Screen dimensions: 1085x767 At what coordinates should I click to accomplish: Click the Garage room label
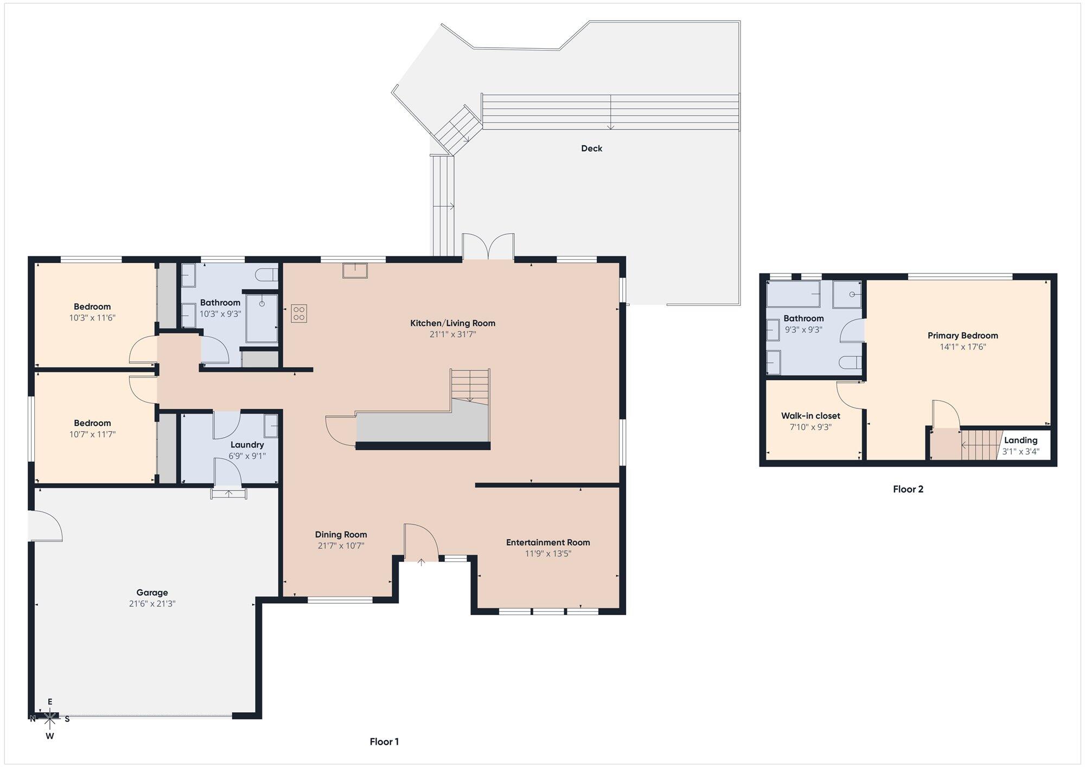pyautogui.click(x=152, y=593)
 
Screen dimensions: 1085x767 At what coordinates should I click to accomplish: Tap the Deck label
pyautogui.click(x=591, y=148)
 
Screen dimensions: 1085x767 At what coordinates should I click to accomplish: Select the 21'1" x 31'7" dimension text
pyautogui.click(x=452, y=335)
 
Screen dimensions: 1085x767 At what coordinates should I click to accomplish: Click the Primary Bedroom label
pyautogui.click(x=962, y=336)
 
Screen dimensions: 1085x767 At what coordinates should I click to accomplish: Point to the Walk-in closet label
pyautogui.click(x=810, y=416)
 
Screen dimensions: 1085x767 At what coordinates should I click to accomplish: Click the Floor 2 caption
pyautogui.click(x=908, y=489)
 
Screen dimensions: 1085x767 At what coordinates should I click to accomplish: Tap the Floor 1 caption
pyautogui.click(x=384, y=742)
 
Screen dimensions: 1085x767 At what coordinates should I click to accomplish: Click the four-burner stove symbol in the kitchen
pyautogui.click(x=299, y=314)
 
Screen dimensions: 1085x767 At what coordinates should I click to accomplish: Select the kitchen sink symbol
pyautogui.click(x=355, y=270)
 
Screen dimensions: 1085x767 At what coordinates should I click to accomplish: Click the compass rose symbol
pyautogui.click(x=50, y=719)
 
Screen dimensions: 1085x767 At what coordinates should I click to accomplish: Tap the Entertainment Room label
pyautogui.click(x=548, y=542)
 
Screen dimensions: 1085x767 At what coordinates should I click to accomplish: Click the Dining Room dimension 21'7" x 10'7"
pyautogui.click(x=341, y=546)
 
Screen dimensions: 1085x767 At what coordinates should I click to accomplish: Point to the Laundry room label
pyautogui.click(x=247, y=445)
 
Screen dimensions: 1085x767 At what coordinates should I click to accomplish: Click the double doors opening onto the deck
pyautogui.click(x=488, y=247)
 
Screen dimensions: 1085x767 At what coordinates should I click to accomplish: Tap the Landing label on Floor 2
pyautogui.click(x=1020, y=440)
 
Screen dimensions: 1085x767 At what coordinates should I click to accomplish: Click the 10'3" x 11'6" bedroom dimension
pyautogui.click(x=92, y=318)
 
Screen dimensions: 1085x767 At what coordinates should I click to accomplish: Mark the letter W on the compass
pyautogui.click(x=50, y=736)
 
